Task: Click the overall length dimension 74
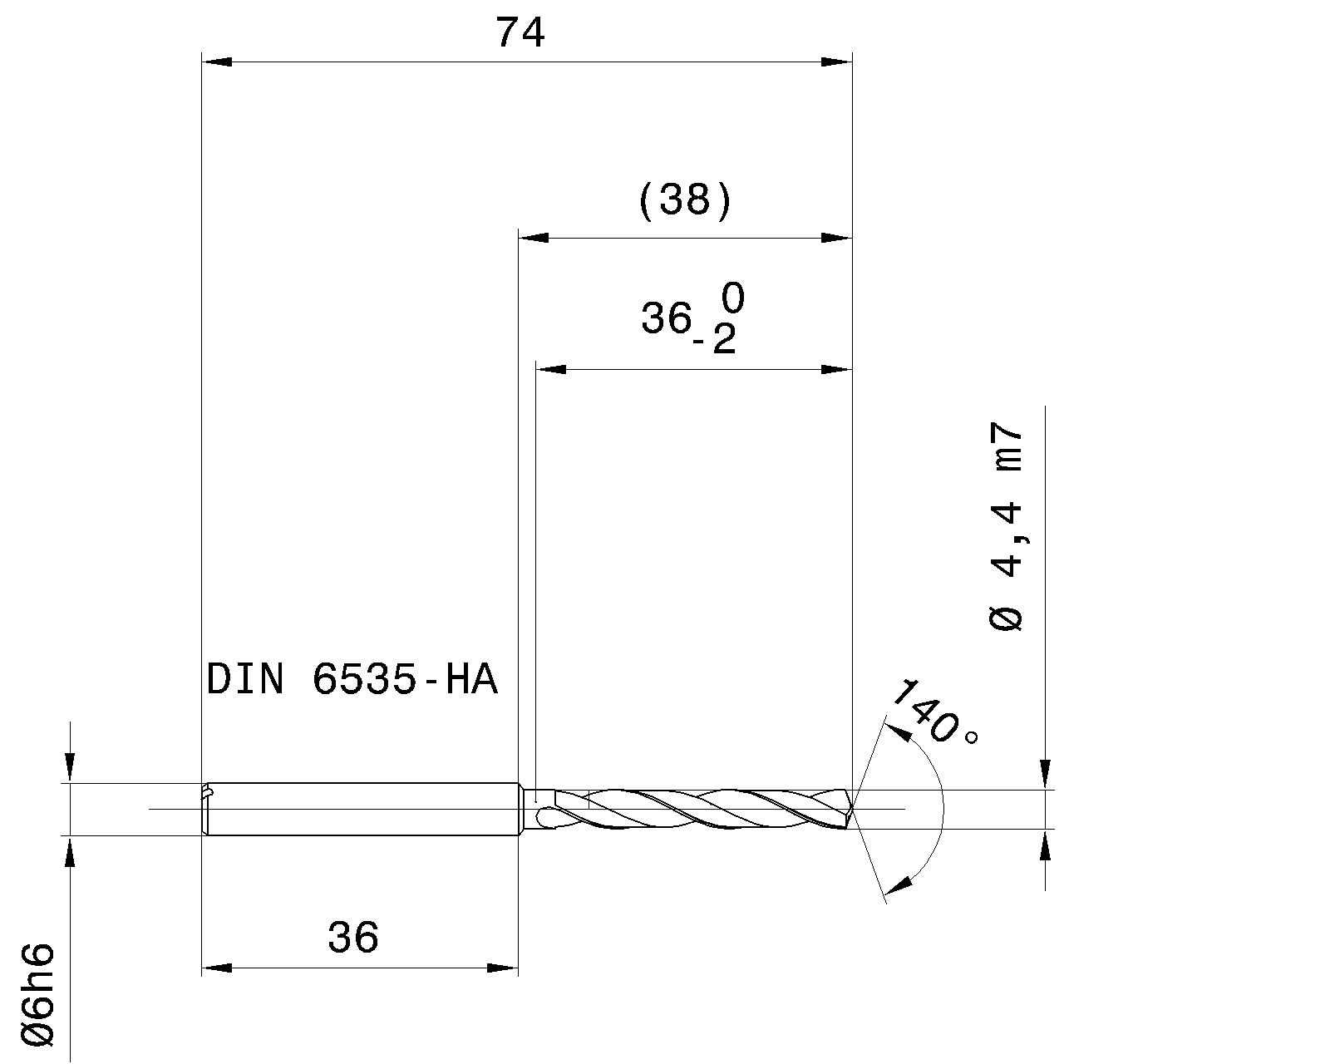click(x=520, y=33)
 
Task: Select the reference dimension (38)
click(x=686, y=201)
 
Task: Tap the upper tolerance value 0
click(x=732, y=298)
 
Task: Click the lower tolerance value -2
click(x=716, y=339)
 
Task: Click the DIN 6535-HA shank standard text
click(x=352, y=680)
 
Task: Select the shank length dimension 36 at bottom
click(x=353, y=938)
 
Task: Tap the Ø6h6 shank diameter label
click(x=38, y=994)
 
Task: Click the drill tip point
click(x=853, y=808)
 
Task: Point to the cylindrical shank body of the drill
click(x=362, y=809)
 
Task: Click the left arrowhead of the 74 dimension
click(x=216, y=62)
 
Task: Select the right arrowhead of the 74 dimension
click(x=837, y=62)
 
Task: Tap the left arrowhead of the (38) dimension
click(x=534, y=238)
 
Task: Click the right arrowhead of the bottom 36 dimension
click(x=503, y=968)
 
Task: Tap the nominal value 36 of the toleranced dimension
click(x=666, y=318)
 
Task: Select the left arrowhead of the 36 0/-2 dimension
click(x=551, y=369)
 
